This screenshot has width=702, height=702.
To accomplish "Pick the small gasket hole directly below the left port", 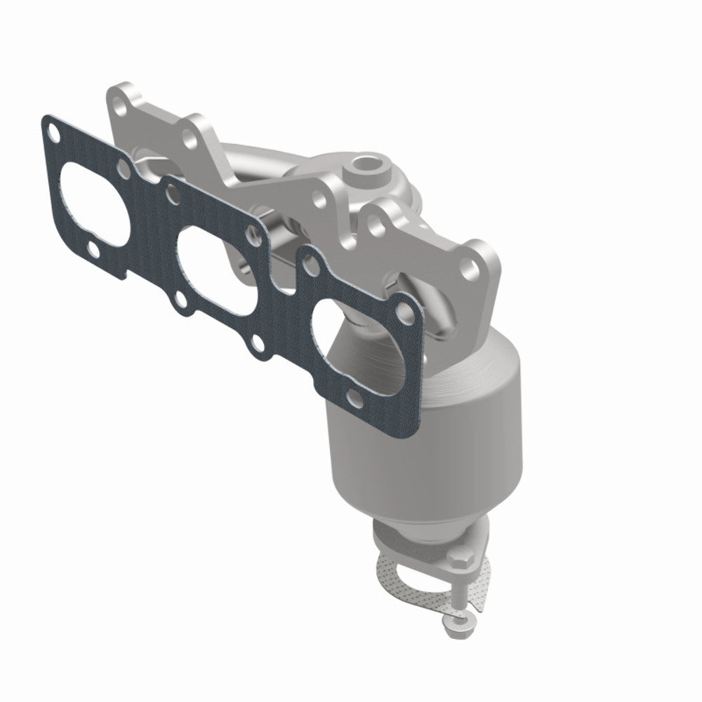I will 94,249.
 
